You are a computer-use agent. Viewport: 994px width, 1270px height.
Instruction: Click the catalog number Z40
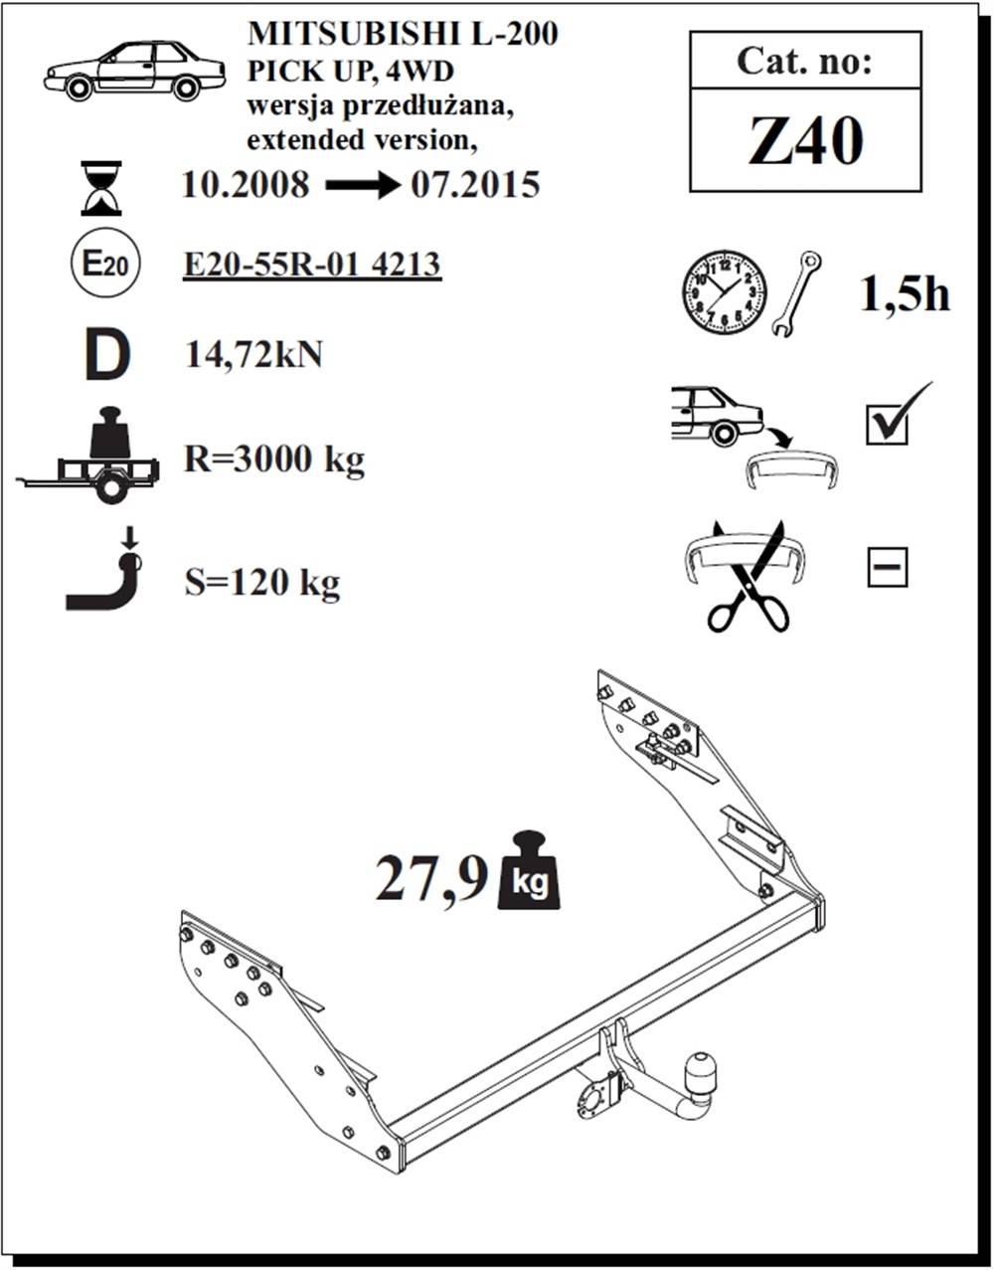[805, 141]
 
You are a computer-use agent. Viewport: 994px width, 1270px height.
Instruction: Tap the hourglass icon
[101, 188]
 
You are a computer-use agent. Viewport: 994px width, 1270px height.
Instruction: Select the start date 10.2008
[246, 185]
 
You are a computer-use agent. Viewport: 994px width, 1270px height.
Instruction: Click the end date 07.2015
[476, 185]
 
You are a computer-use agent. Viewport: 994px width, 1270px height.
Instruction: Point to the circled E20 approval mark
[105, 263]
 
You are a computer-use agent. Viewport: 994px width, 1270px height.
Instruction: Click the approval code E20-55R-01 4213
[312, 265]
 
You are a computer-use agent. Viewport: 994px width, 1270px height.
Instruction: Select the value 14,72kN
[254, 354]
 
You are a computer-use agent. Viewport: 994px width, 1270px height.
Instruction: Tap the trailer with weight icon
[88, 455]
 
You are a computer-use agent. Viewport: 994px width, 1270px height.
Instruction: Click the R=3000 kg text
[274, 459]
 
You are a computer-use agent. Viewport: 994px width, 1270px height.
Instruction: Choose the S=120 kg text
[262, 583]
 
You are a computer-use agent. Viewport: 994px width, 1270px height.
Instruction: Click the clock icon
[725, 292]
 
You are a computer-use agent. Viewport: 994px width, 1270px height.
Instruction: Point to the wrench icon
[796, 294]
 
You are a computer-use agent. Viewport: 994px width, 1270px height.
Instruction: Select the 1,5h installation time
[905, 295]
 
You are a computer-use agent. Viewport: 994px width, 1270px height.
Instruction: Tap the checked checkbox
[888, 425]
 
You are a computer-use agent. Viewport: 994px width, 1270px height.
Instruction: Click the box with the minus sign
[887, 566]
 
